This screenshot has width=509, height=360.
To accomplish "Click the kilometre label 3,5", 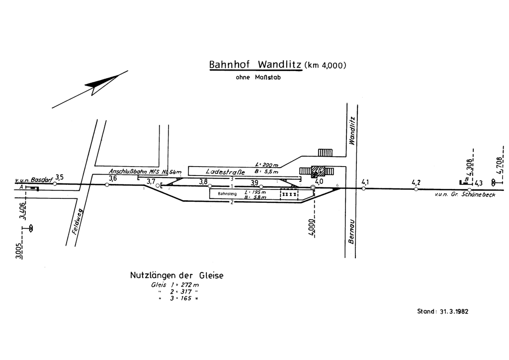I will [60, 177].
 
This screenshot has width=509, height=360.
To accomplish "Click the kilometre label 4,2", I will [417, 182].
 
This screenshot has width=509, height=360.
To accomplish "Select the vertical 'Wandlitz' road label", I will [352, 130].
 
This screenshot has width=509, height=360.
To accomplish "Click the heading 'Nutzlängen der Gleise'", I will [177, 275].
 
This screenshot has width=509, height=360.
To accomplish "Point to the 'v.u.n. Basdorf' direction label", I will [34, 179].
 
